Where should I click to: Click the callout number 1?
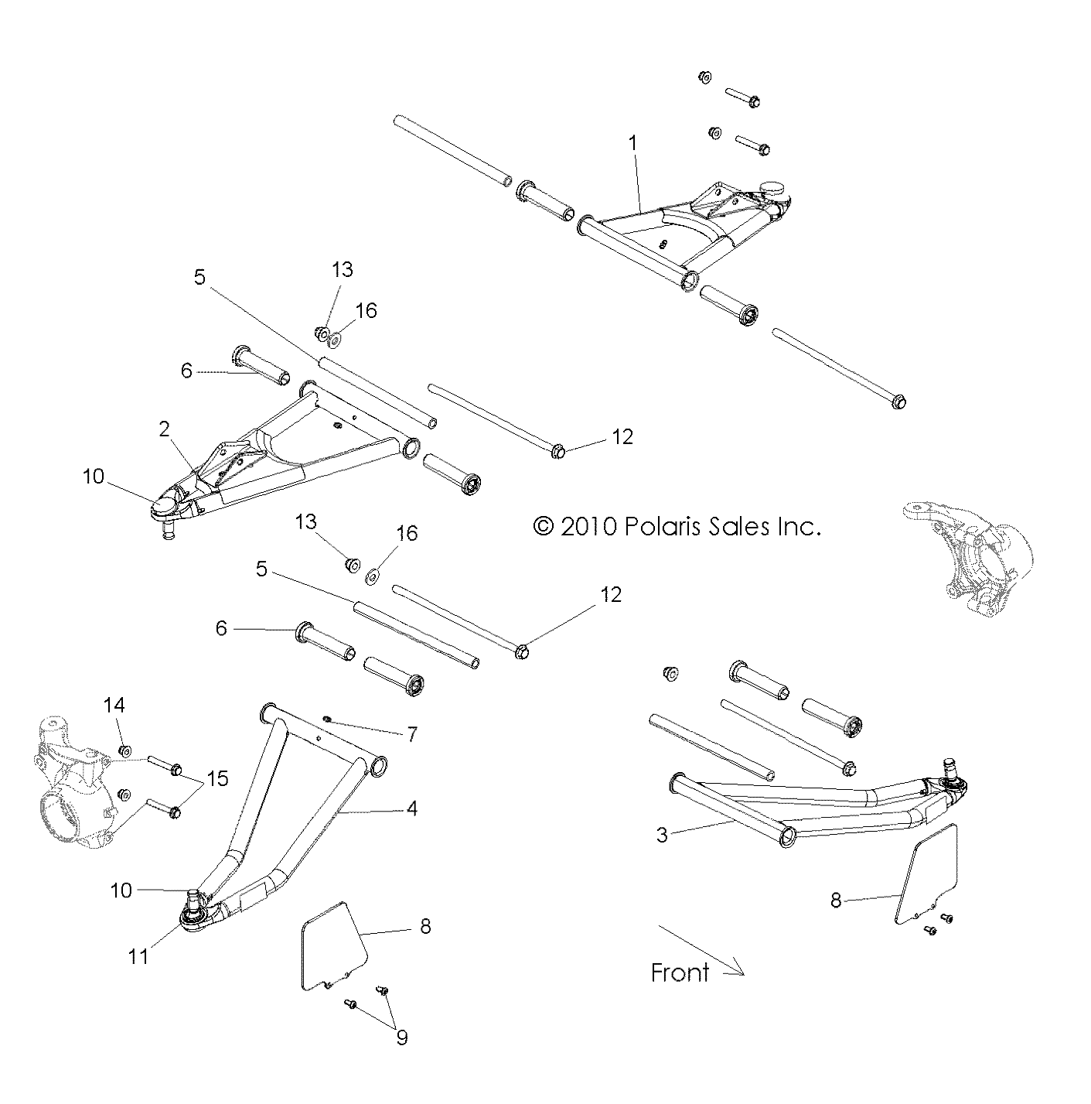click(632, 143)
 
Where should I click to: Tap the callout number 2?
click(165, 429)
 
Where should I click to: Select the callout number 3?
click(662, 835)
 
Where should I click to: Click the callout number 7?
click(412, 733)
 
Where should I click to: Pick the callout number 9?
click(401, 1037)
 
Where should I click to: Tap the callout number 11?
click(138, 956)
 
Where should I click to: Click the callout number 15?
click(219, 778)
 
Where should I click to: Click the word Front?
click(680, 972)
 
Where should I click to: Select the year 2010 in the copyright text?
click(588, 527)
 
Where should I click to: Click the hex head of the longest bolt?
click(898, 402)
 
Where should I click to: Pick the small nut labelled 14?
click(124, 750)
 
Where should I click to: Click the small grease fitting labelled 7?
click(327, 720)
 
